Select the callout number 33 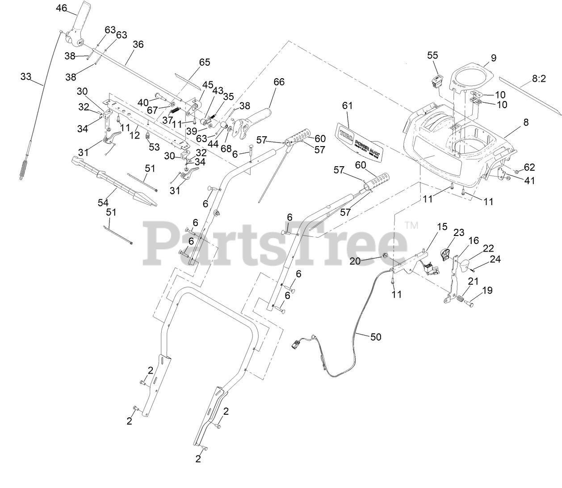(26, 76)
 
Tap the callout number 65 (204, 63)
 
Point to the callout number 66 (279, 82)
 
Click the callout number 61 (347, 106)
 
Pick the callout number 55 (432, 55)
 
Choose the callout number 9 (493, 58)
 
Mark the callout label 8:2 (539, 79)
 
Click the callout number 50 (376, 337)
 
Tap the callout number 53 (154, 147)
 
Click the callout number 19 (487, 290)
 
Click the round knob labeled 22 (466, 266)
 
